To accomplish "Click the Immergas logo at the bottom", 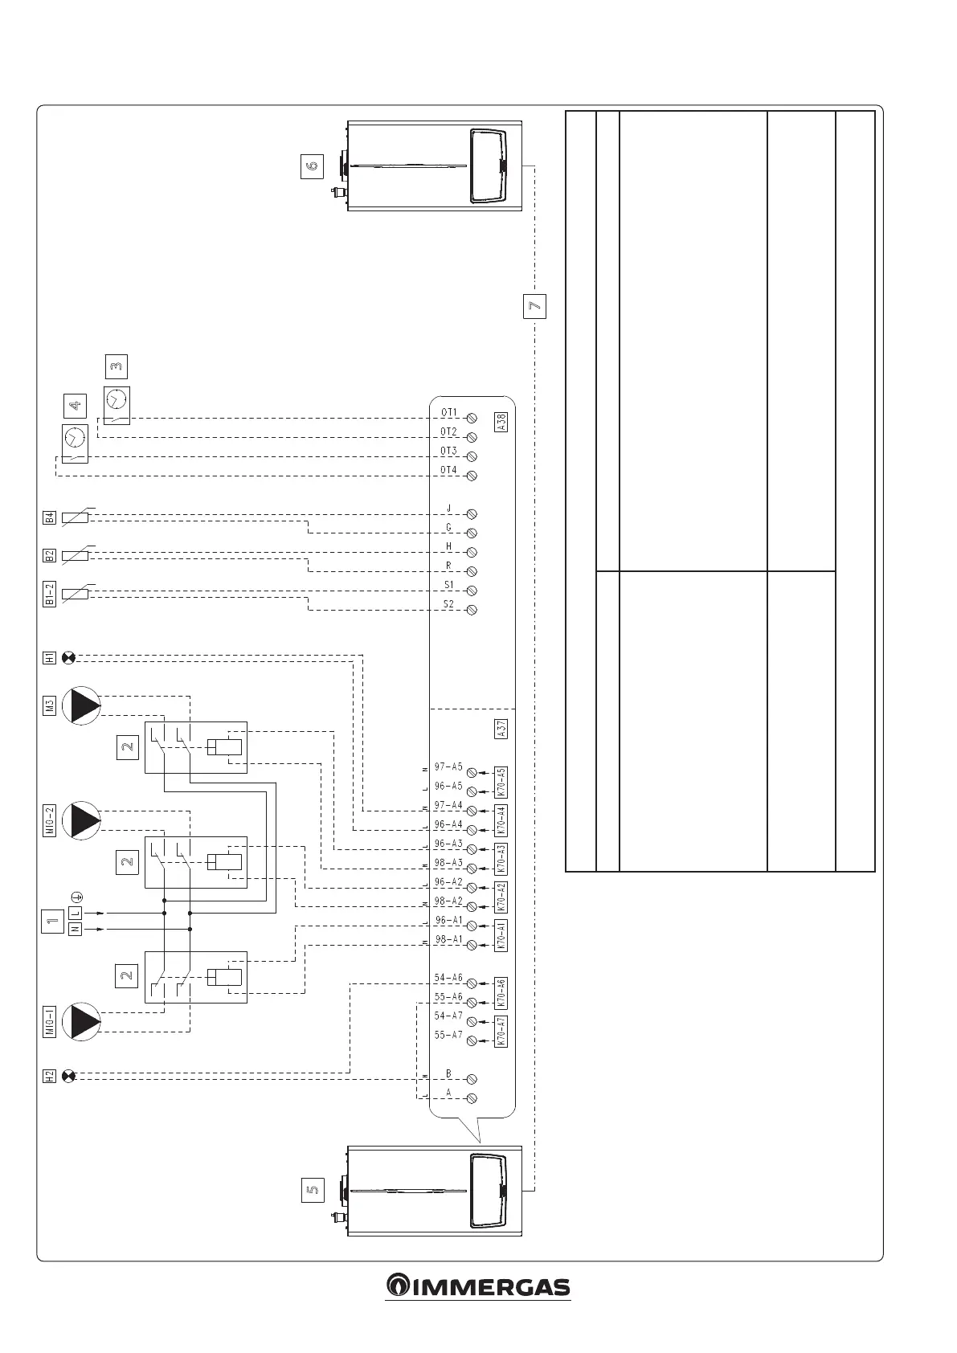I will (478, 1286).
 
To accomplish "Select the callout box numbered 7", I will (534, 306).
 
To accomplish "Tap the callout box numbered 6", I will (312, 166).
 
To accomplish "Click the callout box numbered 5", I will (312, 1190).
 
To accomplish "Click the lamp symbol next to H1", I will (68, 659).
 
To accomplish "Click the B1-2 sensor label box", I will (49, 595).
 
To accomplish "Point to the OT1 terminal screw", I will (472, 419).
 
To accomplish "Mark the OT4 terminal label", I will (448, 470).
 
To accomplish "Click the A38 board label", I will (501, 422).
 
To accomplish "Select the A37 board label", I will (501, 729).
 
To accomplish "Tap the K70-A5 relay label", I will (501, 782).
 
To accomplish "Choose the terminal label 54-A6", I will (448, 978).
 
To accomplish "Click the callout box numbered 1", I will (52, 922).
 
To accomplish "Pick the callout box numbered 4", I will (74, 407).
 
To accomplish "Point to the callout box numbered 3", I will (117, 366).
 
